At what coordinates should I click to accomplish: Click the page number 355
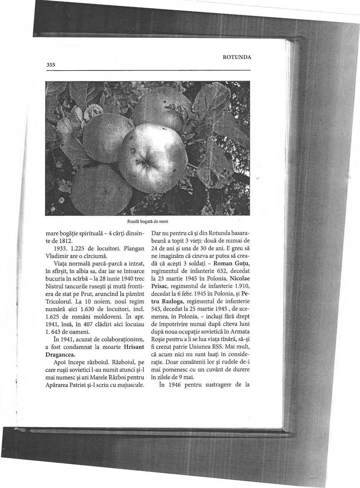[51, 65]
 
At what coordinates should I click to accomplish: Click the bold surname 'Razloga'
[176, 302]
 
